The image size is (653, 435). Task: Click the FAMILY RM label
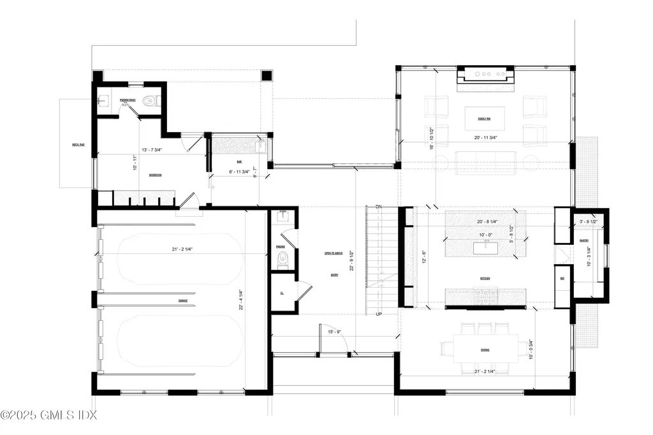point(484,119)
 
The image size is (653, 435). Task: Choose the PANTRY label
point(583,240)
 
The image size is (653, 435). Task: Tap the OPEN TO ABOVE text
point(334,253)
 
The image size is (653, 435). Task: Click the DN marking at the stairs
point(378,207)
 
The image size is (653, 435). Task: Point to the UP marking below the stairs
point(379,314)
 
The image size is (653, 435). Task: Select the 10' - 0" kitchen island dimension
point(486,235)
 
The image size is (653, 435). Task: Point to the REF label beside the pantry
point(562,278)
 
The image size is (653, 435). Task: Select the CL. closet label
point(281,294)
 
